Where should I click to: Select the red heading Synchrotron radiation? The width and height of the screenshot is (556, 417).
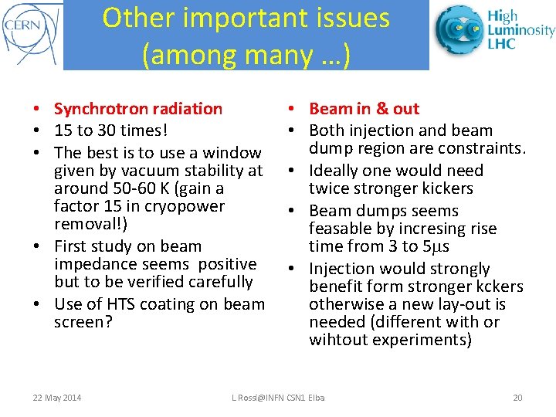coord(138,109)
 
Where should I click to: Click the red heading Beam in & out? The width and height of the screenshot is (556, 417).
coord(364,109)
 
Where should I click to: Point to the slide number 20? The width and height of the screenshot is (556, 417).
coord(517,398)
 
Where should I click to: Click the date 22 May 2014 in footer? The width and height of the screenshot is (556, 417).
coord(57,398)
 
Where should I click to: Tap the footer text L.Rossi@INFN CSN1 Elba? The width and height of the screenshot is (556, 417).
coord(278,398)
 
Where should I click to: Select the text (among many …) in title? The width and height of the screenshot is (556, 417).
coord(246,54)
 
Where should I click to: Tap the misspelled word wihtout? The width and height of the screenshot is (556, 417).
coord(337,340)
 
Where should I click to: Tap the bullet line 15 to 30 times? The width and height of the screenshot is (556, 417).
coord(108,131)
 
